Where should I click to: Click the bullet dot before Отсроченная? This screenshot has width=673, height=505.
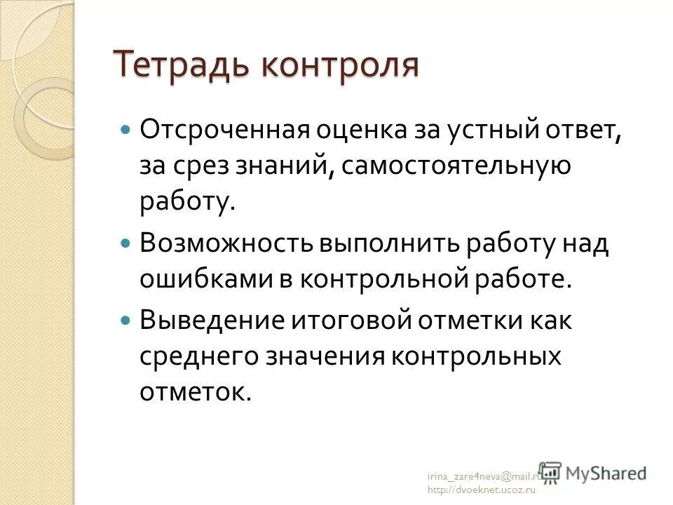(x=126, y=130)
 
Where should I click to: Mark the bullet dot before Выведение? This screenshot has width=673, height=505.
(x=126, y=318)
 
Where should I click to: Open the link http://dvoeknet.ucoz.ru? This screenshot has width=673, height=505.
(x=481, y=490)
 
